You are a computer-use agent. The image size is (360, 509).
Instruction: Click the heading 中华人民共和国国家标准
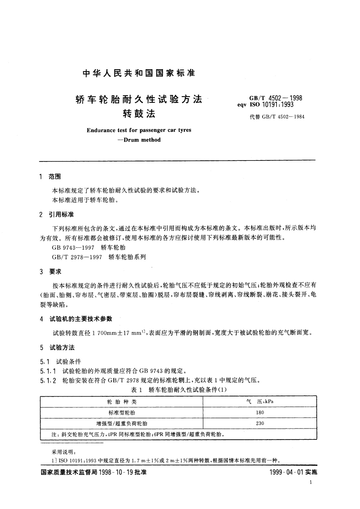[x=139, y=73]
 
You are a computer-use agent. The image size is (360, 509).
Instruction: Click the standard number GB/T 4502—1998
[x=275, y=98]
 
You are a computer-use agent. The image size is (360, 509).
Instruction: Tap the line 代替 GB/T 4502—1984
[x=277, y=117]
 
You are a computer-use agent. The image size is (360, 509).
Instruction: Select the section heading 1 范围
[x=50, y=177]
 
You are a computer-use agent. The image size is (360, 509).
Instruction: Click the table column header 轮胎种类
[x=122, y=402]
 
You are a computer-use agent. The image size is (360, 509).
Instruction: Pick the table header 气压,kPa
[x=260, y=402]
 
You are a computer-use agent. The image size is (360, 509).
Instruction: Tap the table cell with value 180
[x=260, y=412]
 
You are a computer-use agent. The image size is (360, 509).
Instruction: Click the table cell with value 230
[x=260, y=423]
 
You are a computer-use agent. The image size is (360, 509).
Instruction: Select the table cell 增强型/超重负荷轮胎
[x=122, y=423]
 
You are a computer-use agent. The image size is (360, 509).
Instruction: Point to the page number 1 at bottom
[x=311, y=483]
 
